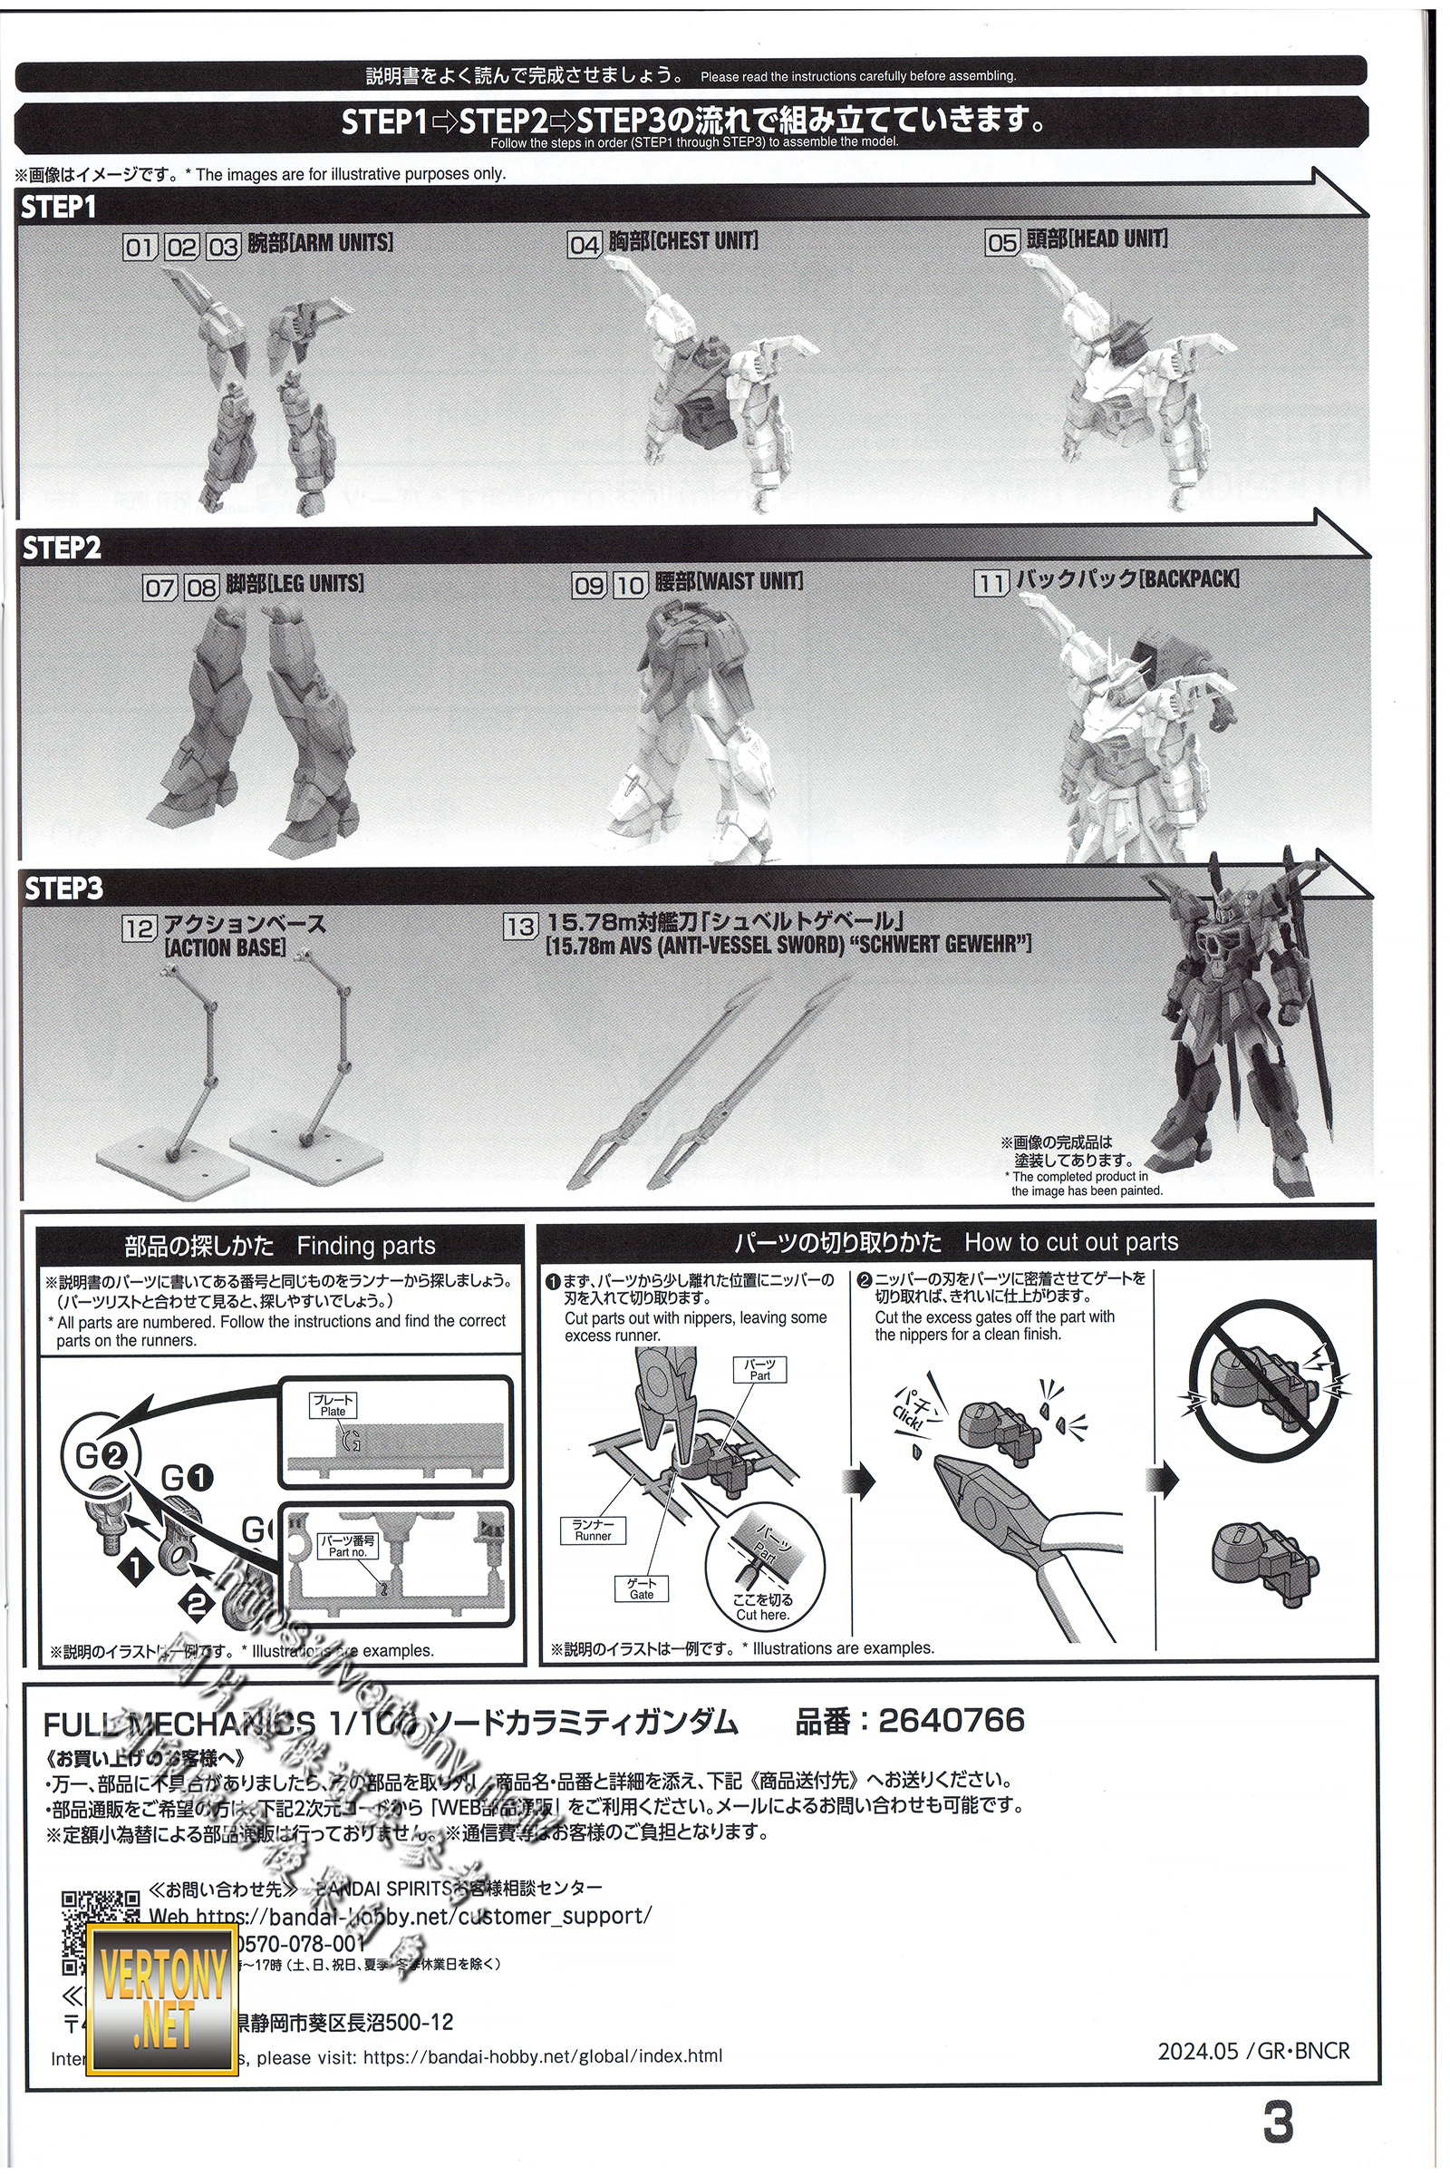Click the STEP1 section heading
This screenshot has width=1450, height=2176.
pos(58,208)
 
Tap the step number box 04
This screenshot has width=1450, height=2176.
pos(585,244)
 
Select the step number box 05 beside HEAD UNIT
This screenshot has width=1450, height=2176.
pos(1001,242)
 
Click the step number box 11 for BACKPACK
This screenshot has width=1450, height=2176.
pos(991,583)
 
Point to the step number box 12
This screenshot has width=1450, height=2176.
pos(139,928)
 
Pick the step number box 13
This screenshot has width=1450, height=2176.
pos(519,926)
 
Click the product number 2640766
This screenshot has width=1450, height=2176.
pos(952,1720)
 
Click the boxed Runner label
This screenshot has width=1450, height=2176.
pos(593,1530)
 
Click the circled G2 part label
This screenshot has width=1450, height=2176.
pos(101,1455)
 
